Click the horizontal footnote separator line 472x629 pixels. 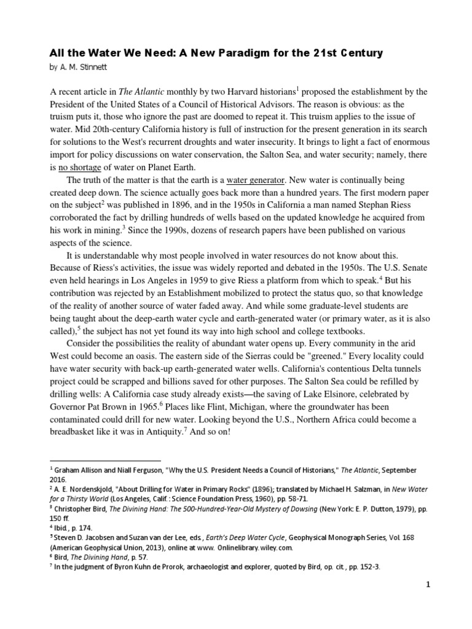tap(105, 459)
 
